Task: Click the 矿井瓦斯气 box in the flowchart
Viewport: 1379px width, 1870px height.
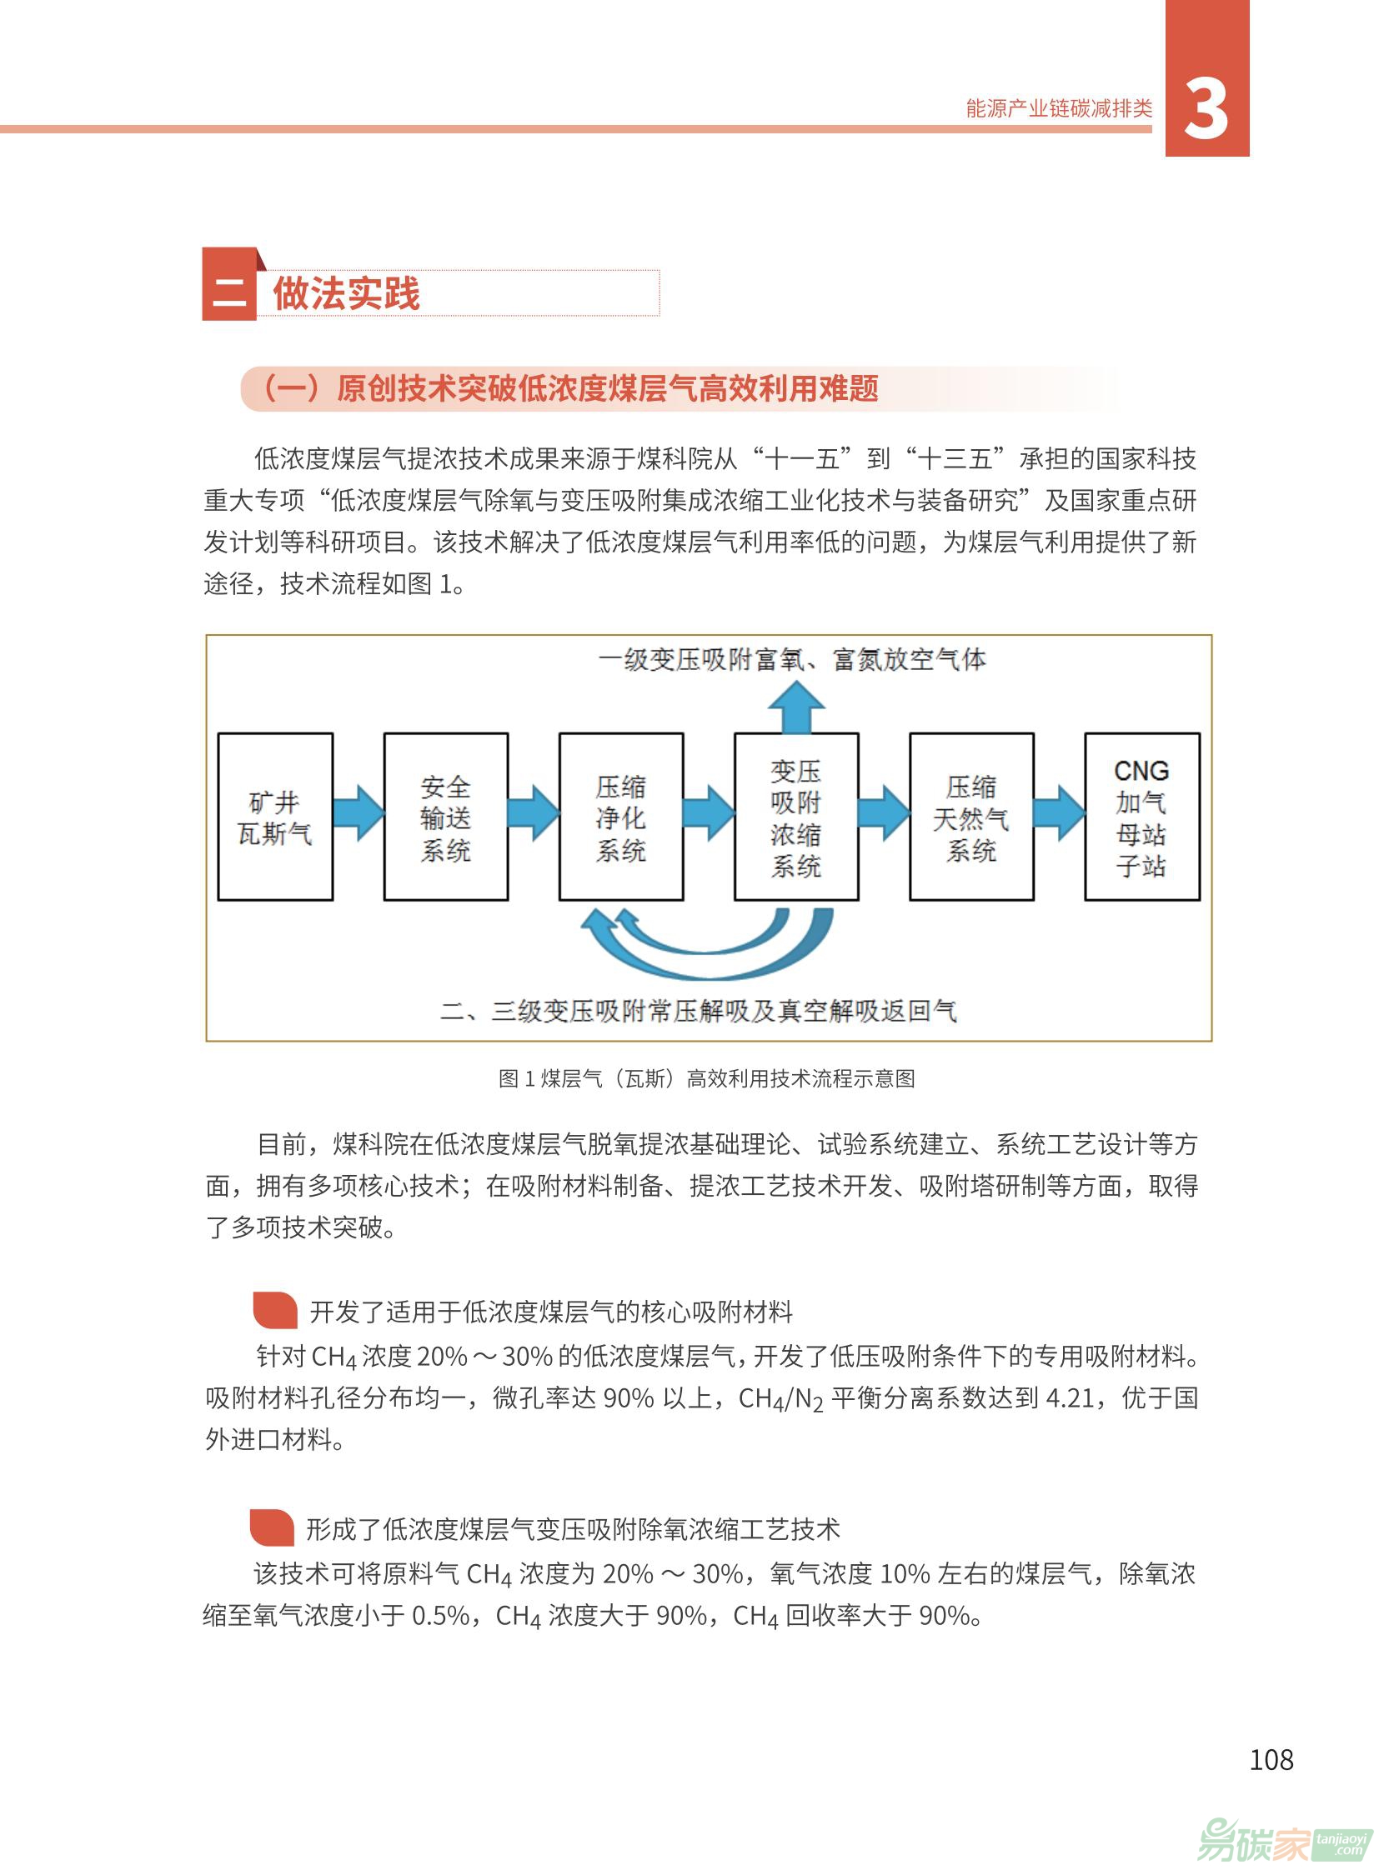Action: tap(275, 817)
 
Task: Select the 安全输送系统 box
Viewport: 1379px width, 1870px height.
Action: tap(446, 817)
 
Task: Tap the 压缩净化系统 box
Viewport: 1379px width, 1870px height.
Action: tap(621, 817)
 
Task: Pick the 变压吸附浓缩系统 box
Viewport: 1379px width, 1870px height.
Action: tap(796, 817)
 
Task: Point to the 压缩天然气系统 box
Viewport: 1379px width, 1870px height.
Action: tap(971, 817)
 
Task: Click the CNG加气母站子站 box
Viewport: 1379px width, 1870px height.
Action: tap(1142, 817)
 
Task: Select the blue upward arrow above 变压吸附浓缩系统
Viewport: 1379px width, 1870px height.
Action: tap(796, 707)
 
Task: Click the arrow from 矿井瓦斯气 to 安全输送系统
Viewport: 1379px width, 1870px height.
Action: tap(359, 812)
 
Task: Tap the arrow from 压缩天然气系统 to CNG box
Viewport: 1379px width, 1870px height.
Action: tap(1061, 812)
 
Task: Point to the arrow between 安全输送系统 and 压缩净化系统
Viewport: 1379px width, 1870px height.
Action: tap(534, 812)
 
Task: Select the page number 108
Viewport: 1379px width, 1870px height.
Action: tap(1271, 1760)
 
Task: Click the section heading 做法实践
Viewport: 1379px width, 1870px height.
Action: tap(347, 292)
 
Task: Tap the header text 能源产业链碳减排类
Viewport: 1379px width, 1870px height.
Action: tap(1060, 108)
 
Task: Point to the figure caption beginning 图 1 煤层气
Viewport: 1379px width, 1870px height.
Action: tap(706, 1079)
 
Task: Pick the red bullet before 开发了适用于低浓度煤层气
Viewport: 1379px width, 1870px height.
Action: tap(275, 1310)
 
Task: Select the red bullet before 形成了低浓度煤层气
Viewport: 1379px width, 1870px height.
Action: tap(272, 1527)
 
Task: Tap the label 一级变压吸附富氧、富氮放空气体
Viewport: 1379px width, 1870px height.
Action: tap(792, 660)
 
